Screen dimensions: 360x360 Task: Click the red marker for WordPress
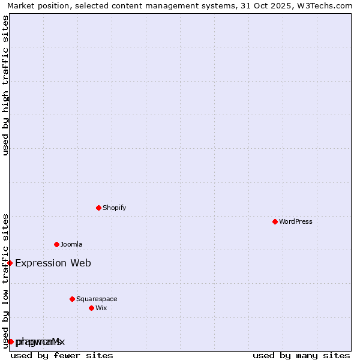275,221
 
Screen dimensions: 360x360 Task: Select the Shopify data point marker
98,208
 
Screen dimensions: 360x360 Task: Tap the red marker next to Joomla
56,244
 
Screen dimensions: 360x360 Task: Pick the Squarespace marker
72,299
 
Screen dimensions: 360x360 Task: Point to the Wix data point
91,308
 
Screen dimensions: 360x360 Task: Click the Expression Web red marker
10,263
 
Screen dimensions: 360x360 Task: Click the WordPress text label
296,221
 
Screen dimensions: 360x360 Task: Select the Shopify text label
114,208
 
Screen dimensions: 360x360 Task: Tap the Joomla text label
71,244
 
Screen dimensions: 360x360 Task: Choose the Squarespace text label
97,299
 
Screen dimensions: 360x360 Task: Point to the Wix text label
101,308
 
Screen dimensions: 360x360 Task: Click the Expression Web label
53,263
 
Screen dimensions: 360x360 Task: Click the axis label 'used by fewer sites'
62,355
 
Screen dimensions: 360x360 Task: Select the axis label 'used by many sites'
301,355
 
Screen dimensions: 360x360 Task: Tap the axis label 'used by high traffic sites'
5,85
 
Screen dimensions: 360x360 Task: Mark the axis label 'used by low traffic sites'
5,280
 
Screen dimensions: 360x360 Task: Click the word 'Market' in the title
20,5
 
